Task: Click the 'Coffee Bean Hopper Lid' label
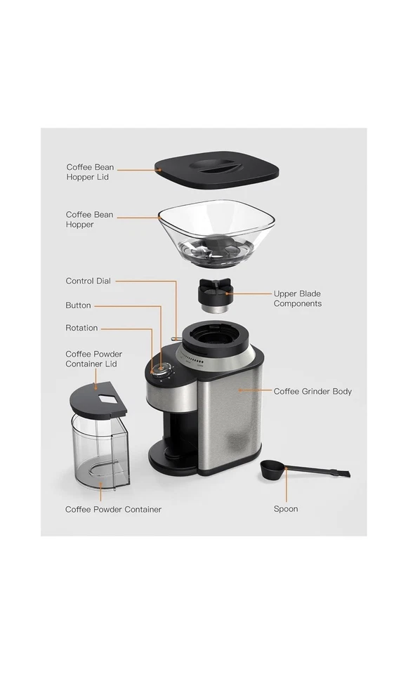(x=90, y=172)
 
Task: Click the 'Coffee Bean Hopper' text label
(x=89, y=219)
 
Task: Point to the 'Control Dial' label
(x=88, y=281)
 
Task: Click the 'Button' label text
(x=78, y=305)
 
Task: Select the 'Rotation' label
(x=81, y=328)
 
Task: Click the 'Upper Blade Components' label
(x=297, y=298)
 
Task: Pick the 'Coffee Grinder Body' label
(x=312, y=391)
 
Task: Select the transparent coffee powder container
(x=100, y=453)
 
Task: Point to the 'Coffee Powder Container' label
(x=113, y=509)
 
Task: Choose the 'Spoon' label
(x=285, y=509)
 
